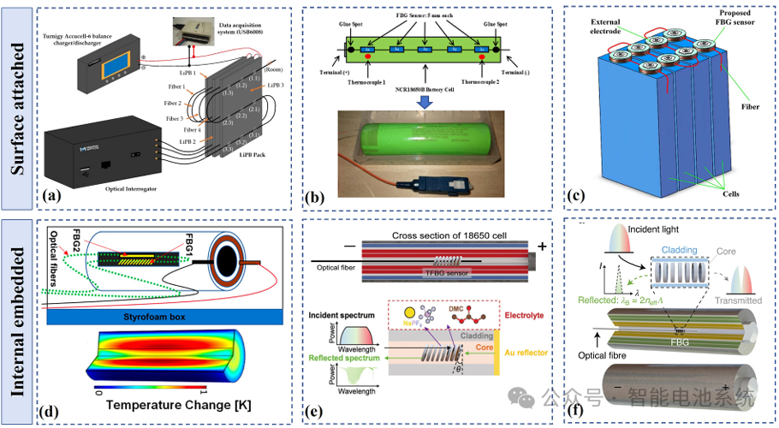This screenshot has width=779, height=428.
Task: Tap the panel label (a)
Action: [x=52, y=195]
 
